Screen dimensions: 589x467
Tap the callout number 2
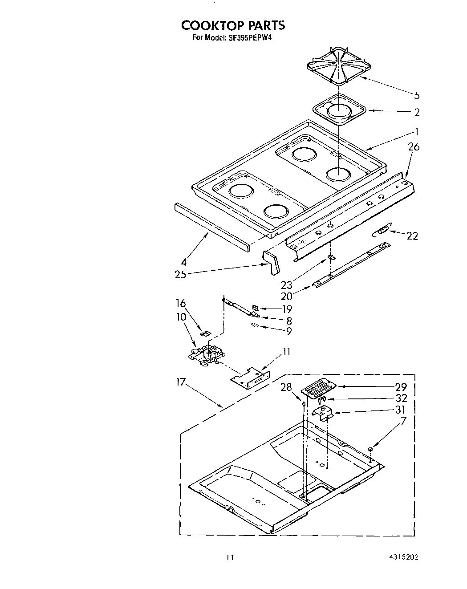coord(417,112)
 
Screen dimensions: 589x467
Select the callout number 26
coord(414,147)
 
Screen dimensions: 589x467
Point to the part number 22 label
coord(412,236)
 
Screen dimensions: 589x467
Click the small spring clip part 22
coord(382,231)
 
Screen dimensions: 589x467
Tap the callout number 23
coord(287,285)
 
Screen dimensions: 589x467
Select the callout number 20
coord(287,297)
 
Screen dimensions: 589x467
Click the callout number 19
coord(287,309)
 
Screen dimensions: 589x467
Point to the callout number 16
coord(180,304)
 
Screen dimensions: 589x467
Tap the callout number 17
coord(180,382)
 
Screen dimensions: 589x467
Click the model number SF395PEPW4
coord(250,38)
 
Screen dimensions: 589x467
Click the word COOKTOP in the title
coord(208,25)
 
